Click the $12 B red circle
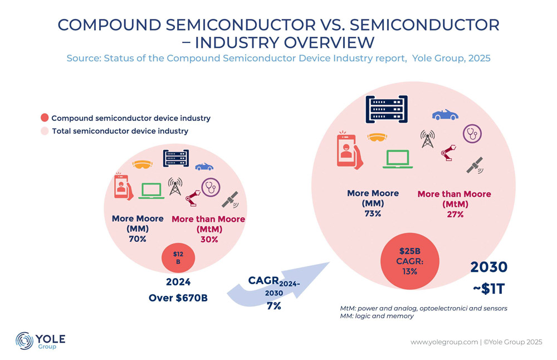click(178, 258)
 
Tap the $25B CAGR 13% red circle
click(410, 261)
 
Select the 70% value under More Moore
click(138, 239)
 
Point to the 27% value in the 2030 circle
click(456, 215)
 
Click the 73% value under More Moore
click(373, 213)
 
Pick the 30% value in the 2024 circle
click(209, 240)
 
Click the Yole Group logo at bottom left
click(41, 341)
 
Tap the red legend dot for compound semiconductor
click(45, 118)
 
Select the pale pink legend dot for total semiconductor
click(45, 131)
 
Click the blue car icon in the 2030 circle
click(445, 115)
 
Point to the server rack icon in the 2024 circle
click(176, 158)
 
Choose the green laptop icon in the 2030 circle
click(398, 159)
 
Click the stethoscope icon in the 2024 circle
click(211, 187)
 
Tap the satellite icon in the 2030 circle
click(475, 166)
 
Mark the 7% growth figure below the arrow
click(274, 305)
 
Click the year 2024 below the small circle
click(178, 282)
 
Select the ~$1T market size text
click(489, 289)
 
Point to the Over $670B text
click(178, 298)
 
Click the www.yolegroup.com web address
click(444, 342)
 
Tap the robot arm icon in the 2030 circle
click(448, 153)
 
